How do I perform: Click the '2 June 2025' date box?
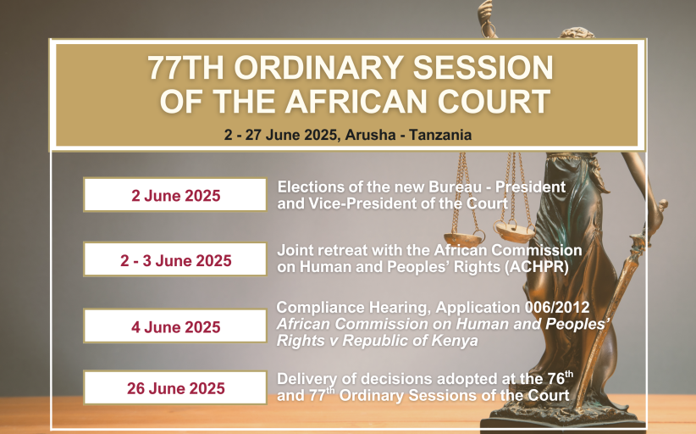[175, 195]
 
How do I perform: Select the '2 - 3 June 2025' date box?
[175, 259]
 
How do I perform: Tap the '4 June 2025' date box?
[175, 326]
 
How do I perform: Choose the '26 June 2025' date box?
[175, 387]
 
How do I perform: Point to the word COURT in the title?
[494, 102]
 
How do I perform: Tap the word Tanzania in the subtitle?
[440, 135]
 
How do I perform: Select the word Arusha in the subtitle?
[370, 135]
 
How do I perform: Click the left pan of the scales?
[464, 239]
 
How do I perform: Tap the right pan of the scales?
[515, 232]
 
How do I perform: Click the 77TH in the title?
[186, 68]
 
